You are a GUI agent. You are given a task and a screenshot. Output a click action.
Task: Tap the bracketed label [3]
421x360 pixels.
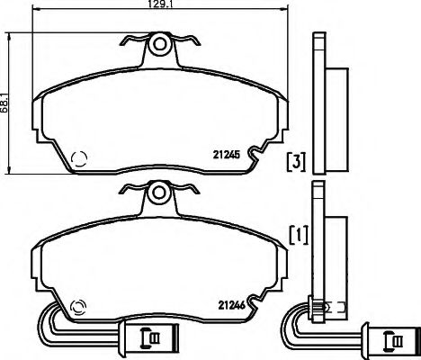click(x=296, y=162)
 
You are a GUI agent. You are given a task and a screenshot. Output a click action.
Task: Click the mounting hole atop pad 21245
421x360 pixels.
click(x=159, y=42)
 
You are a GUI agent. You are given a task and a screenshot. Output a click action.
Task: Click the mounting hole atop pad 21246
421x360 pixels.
click(x=159, y=192)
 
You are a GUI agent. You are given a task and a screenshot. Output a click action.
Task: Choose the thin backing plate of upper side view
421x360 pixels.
click(x=317, y=103)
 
